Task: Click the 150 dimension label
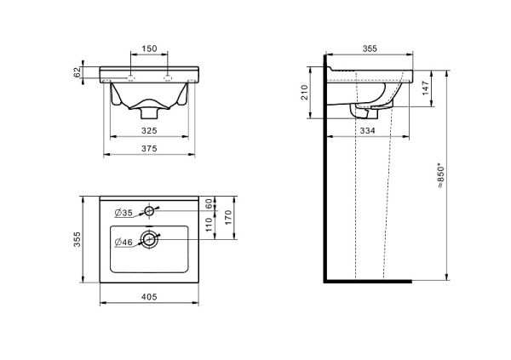[149, 49]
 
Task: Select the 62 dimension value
[78, 72]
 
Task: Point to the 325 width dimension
[149, 130]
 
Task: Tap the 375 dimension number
[149, 149]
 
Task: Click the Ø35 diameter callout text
[123, 213]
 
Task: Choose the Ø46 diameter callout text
[123, 242]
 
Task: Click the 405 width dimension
[149, 297]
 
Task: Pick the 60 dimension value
[209, 203]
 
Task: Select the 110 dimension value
[209, 225]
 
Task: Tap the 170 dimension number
[228, 217]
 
